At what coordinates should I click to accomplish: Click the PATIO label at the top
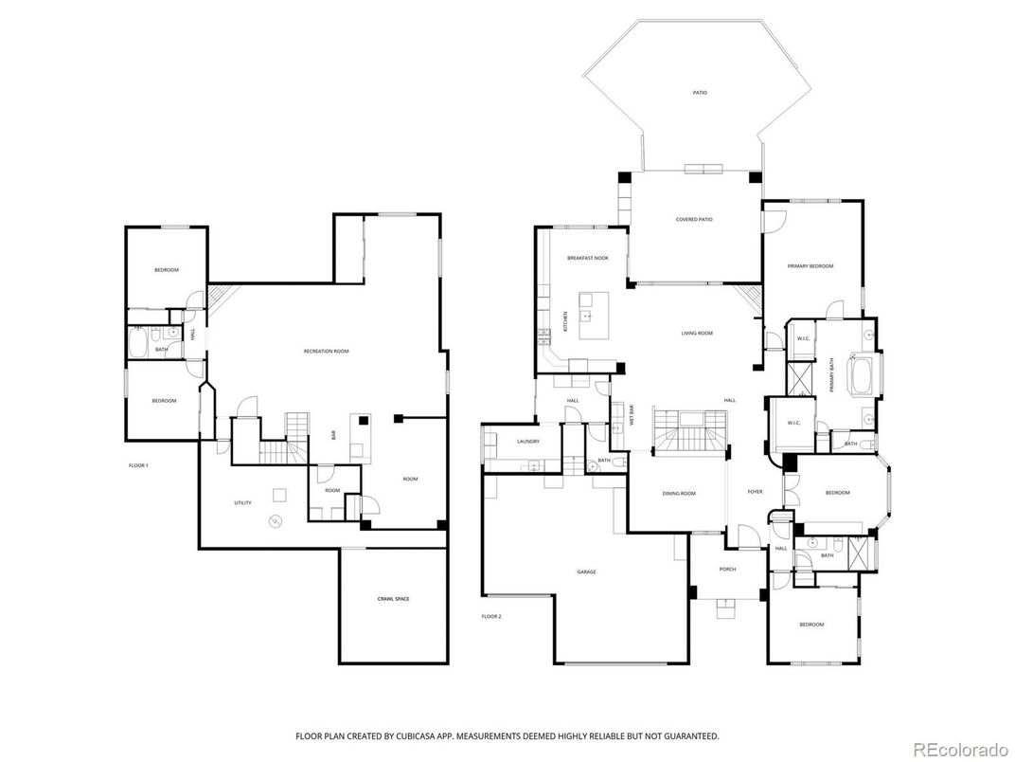[x=699, y=93]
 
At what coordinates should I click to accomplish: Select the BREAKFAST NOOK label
[x=587, y=259]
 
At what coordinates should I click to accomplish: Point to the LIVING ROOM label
[x=697, y=334]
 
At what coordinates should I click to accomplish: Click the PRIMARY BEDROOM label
[x=810, y=266]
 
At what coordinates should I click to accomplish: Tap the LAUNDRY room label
[x=528, y=443]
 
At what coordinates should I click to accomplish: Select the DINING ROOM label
[x=678, y=494]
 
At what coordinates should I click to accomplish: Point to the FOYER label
[x=755, y=492]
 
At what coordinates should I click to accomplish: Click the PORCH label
[x=727, y=570]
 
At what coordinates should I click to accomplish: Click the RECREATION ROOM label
[x=326, y=352]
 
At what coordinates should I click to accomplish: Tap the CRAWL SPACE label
[x=393, y=599]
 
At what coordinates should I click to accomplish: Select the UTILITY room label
[x=243, y=502]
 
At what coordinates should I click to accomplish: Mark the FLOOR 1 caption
[x=139, y=465]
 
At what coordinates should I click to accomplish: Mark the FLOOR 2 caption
[x=490, y=616]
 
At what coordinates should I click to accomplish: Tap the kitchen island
[x=593, y=317]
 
